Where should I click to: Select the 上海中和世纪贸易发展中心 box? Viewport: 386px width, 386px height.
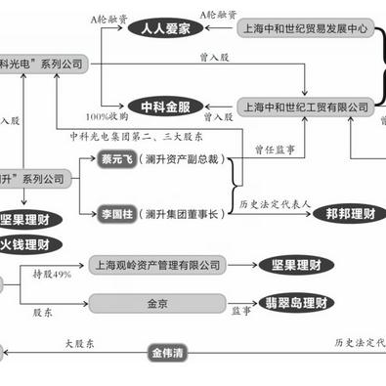304,30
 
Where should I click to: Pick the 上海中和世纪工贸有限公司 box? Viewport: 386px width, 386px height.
304,105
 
